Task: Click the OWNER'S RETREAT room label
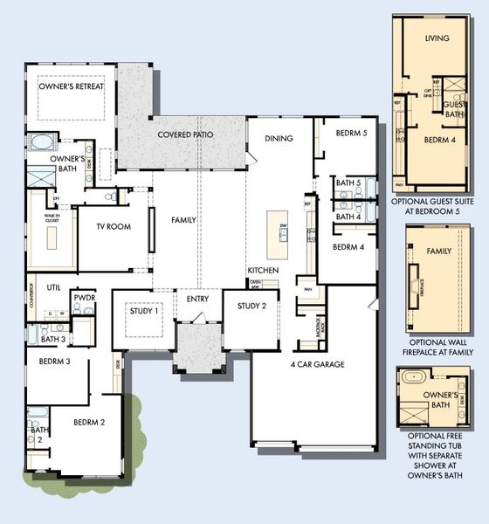coord(72,86)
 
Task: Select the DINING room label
coord(279,138)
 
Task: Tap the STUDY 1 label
coord(143,311)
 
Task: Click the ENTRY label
coord(197,300)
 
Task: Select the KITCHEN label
coord(262,271)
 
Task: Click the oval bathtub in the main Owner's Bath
coord(41,141)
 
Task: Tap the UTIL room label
coord(53,286)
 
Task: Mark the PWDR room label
coord(85,298)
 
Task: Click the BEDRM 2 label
coord(89,423)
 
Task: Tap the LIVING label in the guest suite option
coord(437,39)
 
